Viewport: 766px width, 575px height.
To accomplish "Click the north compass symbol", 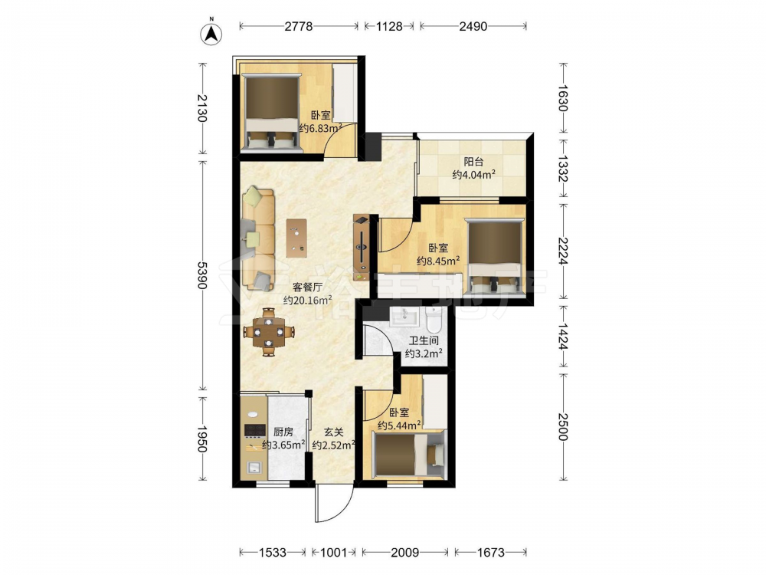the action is click(x=211, y=33).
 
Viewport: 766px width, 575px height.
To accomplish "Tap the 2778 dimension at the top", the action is click(x=299, y=26).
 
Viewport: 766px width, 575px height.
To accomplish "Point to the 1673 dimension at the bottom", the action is click(x=490, y=553).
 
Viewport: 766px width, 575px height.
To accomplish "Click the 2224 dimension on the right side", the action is click(x=563, y=251).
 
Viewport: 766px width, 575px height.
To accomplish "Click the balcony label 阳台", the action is click(x=473, y=161).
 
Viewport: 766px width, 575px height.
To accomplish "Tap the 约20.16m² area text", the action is click(x=308, y=301).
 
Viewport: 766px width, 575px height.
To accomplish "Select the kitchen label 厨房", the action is click(x=283, y=432).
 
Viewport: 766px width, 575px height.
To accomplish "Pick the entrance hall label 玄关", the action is click(x=334, y=432).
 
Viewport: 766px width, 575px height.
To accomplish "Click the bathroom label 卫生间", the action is click(x=424, y=341).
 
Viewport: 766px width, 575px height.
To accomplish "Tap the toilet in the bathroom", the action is click(x=434, y=319).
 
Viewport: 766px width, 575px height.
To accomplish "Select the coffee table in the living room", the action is click(x=297, y=238).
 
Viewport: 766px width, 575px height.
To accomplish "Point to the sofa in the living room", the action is click(x=258, y=238).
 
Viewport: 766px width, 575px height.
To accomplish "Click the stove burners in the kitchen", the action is click(x=254, y=430).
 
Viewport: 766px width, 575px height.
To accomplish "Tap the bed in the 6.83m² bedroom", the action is click(x=272, y=113).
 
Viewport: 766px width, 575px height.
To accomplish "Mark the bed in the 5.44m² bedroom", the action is click(x=408, y=454).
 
